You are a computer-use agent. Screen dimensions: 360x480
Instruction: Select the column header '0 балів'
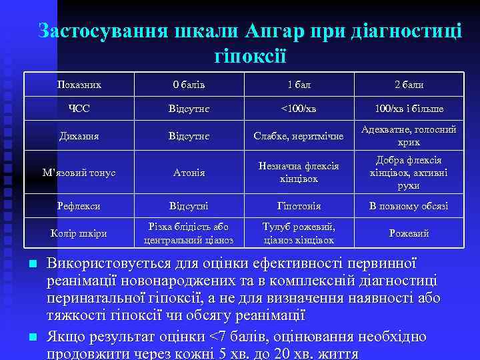tap(189, 85)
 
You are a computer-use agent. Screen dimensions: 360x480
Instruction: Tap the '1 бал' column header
tap(299, 85)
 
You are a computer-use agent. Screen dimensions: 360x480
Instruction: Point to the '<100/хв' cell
tap(299, 109)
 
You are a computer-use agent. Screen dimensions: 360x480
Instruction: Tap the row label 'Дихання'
tap(79, 136)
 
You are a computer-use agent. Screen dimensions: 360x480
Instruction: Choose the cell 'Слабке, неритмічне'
tap(299, 136)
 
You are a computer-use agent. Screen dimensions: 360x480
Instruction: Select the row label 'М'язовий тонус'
tap(79, 173)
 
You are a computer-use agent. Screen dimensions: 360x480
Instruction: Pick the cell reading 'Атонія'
tap(189, 173)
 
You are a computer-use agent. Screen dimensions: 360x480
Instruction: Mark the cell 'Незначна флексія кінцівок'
tap(299, 173)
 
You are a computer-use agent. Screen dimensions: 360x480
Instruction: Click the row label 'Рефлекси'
tap(79, 206)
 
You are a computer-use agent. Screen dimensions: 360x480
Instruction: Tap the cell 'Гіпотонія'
tap(299, 206)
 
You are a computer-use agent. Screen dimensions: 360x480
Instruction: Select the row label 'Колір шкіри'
tap(79, 233)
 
